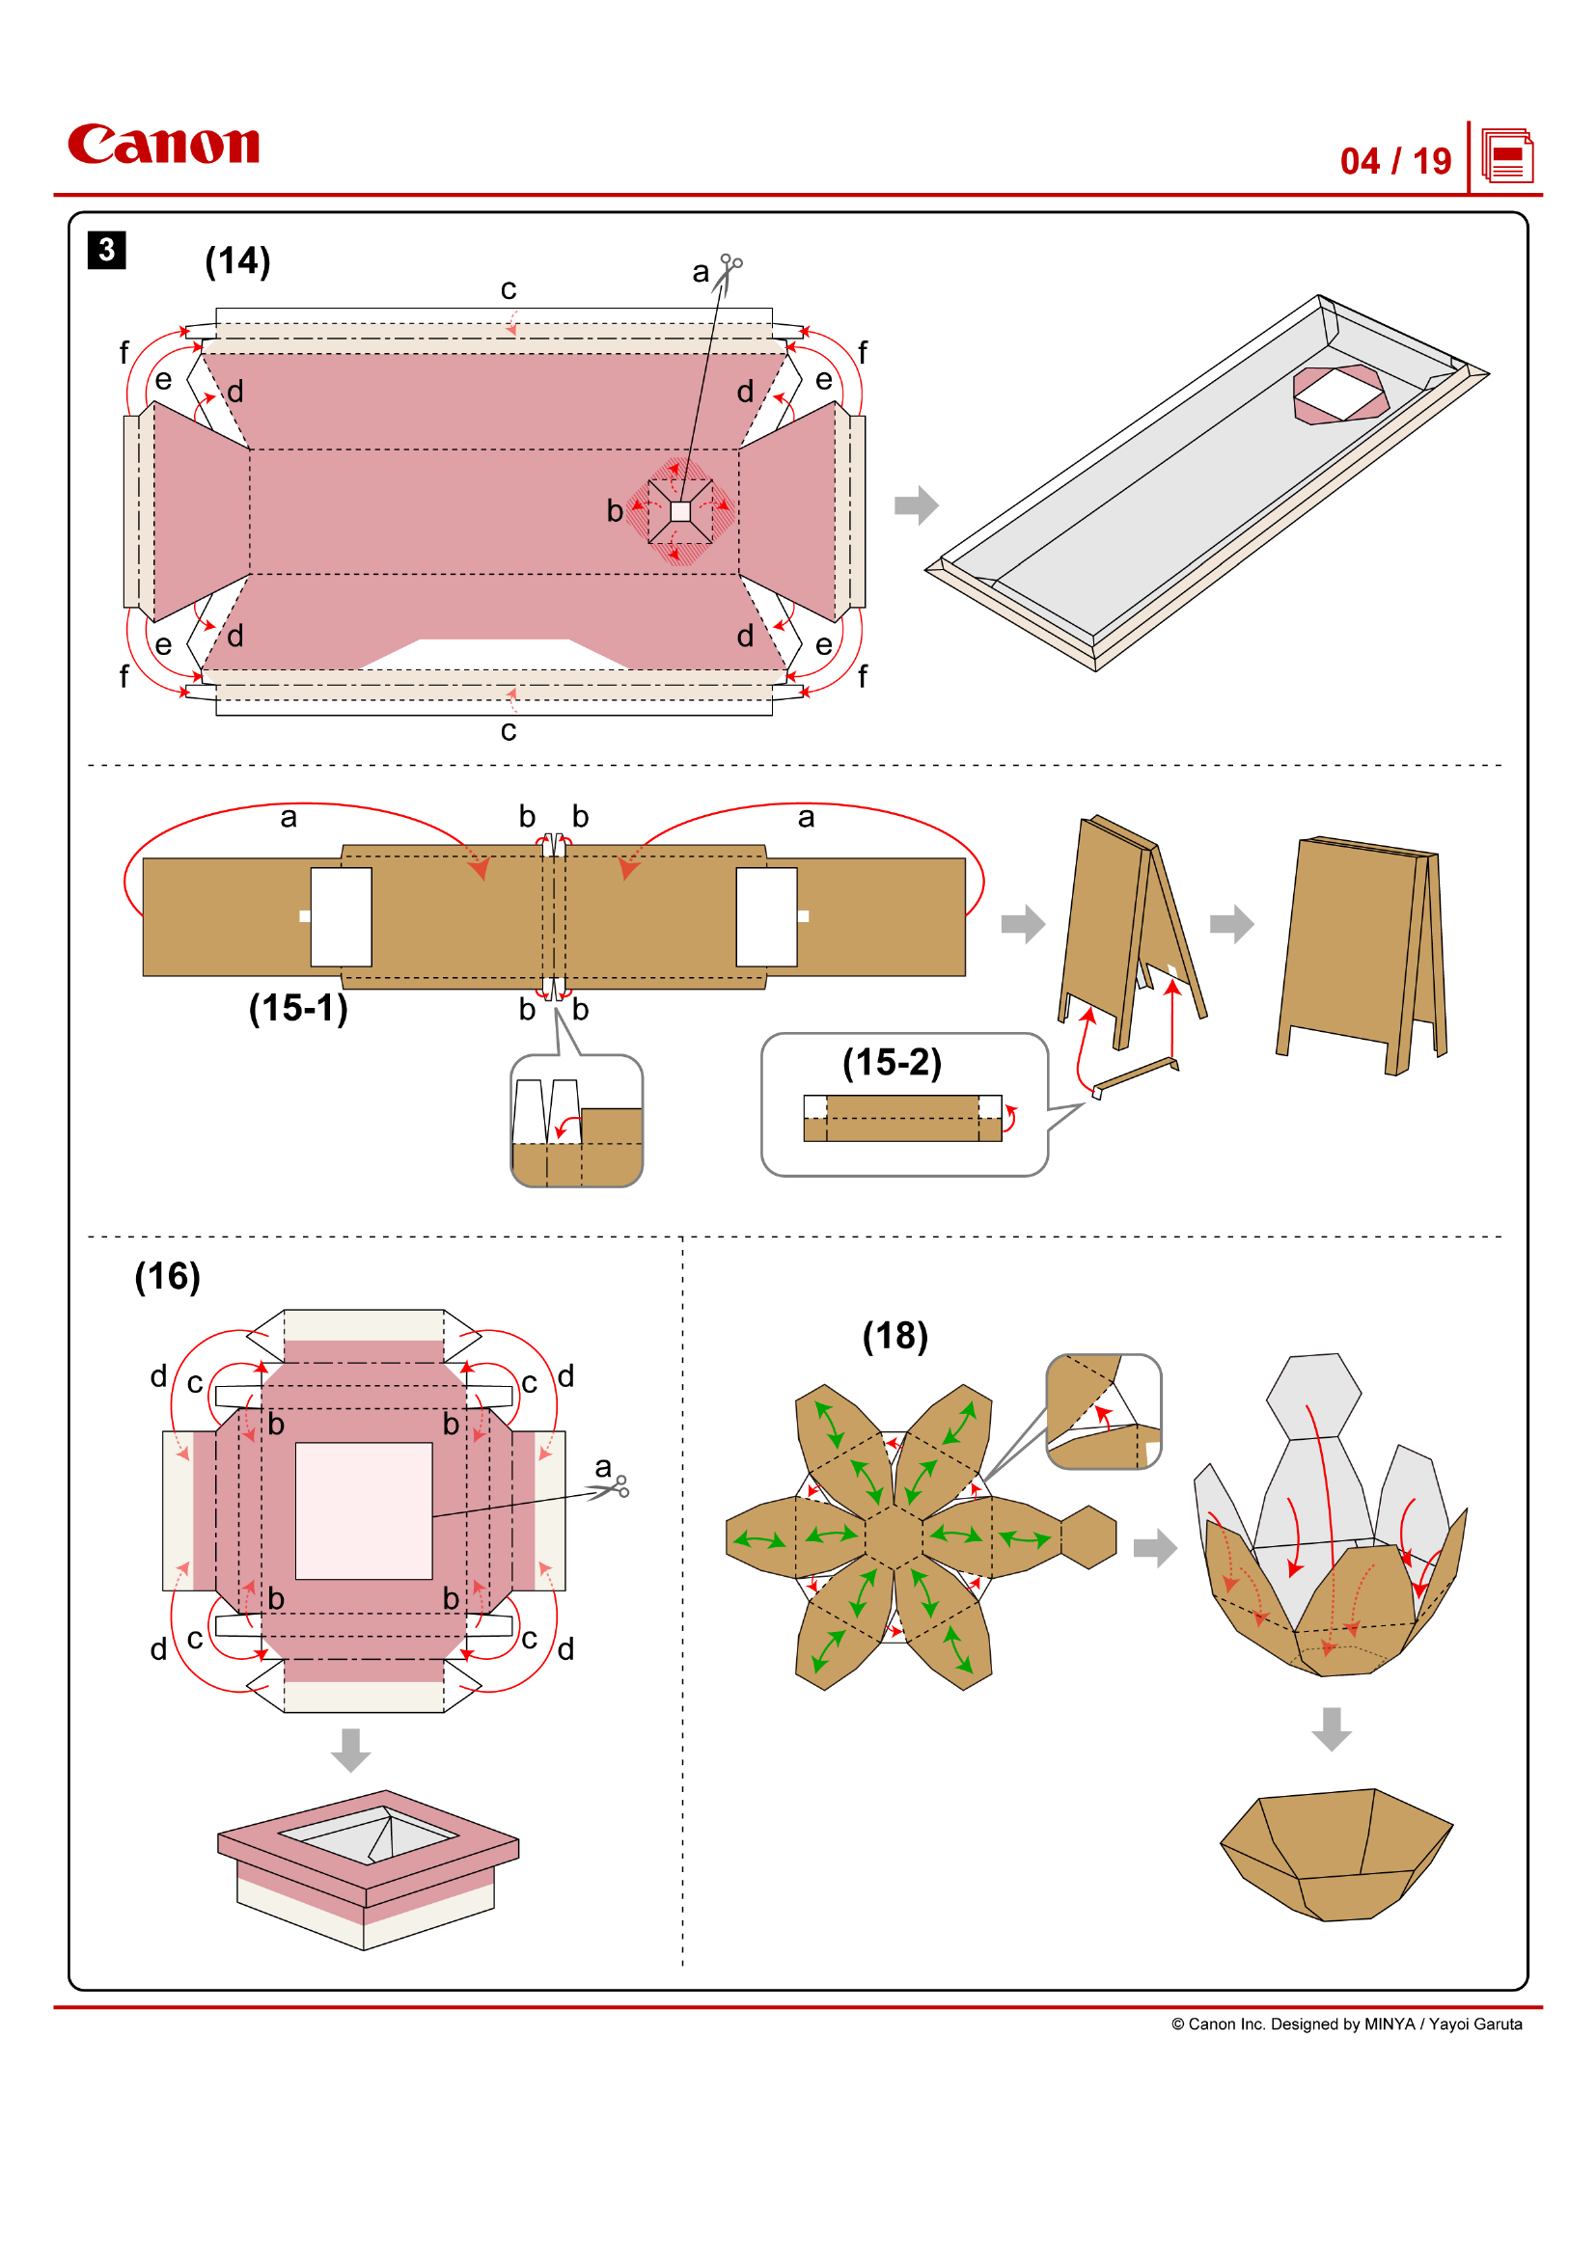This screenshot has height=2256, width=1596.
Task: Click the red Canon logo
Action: point(163,145)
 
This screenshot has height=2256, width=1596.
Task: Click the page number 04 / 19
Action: point(1394,161)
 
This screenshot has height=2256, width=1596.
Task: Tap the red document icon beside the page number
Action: point(1506,156)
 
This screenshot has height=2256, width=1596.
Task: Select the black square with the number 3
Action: point(106,250)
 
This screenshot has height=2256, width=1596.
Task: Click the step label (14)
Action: point(237,261)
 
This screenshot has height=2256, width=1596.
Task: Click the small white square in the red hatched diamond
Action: point(680,511)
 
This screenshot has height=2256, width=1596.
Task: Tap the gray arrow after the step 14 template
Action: point(916,505)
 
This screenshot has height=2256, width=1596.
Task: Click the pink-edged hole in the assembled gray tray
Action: point(1339,394)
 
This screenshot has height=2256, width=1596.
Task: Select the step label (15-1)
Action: point(298,1008)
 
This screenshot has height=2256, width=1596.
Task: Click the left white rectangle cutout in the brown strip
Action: point(341,916)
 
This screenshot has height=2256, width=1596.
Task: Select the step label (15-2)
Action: point(892,1062)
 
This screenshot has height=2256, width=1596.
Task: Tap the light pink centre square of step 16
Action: point(364,1510)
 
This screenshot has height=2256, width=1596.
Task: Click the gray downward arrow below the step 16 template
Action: point(351,1750)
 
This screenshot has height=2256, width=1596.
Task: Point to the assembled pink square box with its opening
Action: point(368,1866)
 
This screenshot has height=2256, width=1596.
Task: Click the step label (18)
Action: point(894,1336)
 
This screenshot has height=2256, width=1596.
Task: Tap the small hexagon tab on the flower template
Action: point(1087,1536)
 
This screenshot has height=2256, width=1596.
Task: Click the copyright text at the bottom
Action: point(1345,2025)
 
